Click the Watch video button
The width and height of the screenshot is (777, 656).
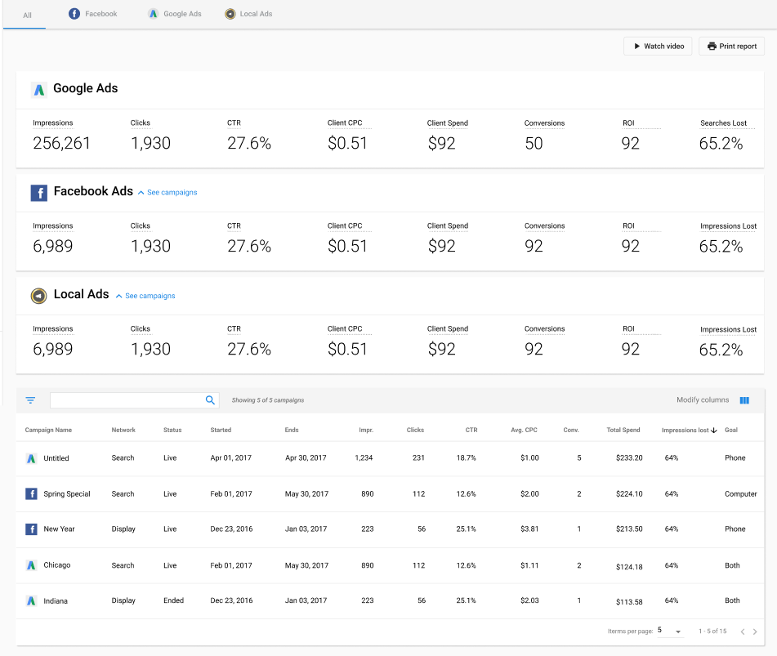tap(658, 47)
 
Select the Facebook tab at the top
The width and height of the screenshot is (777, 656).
tap(93, 14)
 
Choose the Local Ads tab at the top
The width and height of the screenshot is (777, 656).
tap(248, 14)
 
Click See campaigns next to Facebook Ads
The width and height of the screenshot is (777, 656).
tap(167, 193)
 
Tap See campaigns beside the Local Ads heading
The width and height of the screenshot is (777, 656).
tap(145, 296)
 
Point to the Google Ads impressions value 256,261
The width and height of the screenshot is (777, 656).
tap(62, 144)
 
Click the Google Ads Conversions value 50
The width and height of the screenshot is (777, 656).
tap(534, 144)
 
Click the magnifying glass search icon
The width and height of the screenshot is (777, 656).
tap(210, 400)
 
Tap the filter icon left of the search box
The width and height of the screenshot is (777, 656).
tap(30, 400)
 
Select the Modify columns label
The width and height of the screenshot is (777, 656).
tap(703, 400)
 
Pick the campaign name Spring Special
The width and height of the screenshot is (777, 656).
tap(67, 494)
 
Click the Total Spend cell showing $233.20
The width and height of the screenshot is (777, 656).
tap(629, 458)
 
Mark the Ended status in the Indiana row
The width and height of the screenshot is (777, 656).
tap(173, 601)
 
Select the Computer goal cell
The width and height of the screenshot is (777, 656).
tap(741, 494)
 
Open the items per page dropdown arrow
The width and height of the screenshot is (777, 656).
tap(678, 631)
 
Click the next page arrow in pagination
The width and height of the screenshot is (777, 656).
tap(755, 631)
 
